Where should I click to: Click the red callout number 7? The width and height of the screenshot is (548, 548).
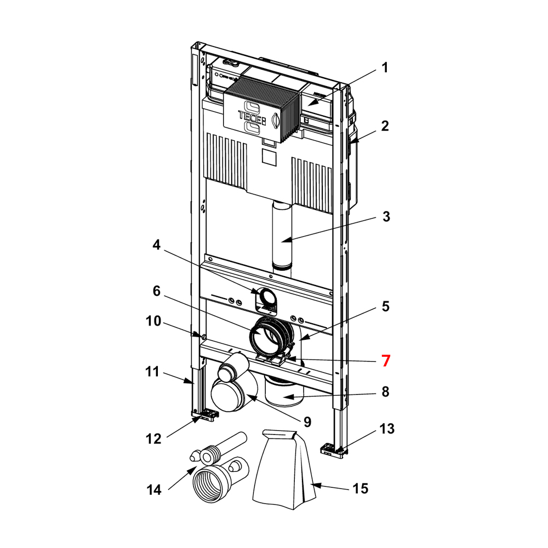coord(385,361)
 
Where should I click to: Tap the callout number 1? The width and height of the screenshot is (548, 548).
coord(385,67)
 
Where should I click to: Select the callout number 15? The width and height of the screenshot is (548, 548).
coord(361,488)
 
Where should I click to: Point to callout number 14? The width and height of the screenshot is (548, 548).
coord(154,490)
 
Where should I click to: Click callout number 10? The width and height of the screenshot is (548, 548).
coord(153,321)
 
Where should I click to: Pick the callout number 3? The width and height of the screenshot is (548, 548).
coord(386,216)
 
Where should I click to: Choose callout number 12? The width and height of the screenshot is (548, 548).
coord(153,439)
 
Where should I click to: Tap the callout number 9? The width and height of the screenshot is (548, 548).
coord(307,422)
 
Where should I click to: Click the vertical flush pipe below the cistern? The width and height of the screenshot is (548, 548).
coord(282,238)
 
